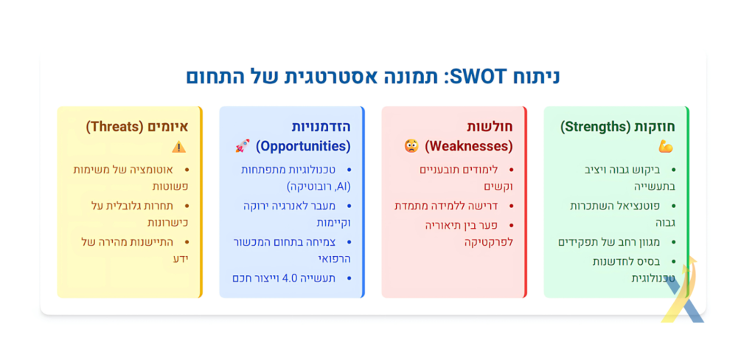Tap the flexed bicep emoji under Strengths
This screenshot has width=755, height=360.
pos(666,147)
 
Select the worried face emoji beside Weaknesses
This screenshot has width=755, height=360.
pos(411,145)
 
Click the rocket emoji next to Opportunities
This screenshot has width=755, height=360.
pos(242,145)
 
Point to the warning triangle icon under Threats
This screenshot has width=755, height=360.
pos(178,147)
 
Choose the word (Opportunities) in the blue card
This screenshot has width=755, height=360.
pos(303,146)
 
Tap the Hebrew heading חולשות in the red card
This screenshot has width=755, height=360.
pos(490,127)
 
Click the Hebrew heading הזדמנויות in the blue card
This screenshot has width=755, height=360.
pos(321,127)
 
